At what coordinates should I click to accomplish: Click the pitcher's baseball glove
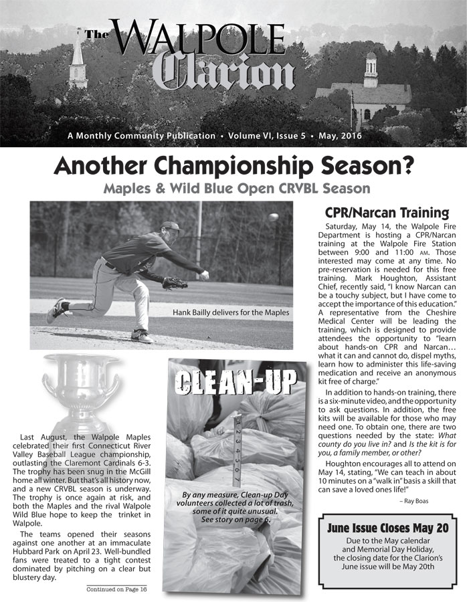click(x=175, y=283)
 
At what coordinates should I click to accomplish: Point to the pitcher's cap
click(x=171, y=227)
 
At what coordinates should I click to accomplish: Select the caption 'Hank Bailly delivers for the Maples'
click(x=231, y=312)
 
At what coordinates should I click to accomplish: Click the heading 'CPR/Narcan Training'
click(x=387, y=213)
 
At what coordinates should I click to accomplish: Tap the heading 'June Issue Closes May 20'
click(x=387, y=528)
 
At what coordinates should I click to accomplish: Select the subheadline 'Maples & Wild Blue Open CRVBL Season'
click(x=237, y=188)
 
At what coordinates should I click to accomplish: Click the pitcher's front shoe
click(x=141, y=335)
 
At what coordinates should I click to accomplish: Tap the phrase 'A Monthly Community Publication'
click(x=141, y=136)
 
